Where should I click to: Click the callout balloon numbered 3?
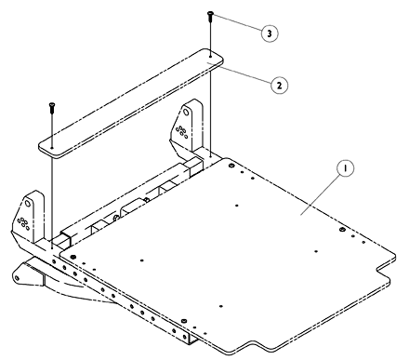[x=270, y=33]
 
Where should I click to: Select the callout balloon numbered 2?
[x=279, y=86]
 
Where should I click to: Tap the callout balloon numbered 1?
[x=345, y=168]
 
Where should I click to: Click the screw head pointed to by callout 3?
[x=210, y=13]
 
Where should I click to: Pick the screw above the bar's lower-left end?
[x=51, y=108]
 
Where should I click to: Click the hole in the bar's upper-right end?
[x=210, y=57]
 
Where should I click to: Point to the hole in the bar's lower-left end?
[x=52, y=148]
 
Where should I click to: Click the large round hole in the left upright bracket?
[x=28, y=204]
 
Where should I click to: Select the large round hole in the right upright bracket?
[x=185, y=112]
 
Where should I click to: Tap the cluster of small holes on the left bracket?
[x=23, y=223]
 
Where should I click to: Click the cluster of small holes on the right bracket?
[x=181, y=131]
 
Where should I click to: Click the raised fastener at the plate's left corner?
[x=73, y=257]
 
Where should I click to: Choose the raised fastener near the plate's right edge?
[x=342, y=230]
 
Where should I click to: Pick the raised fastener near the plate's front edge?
[x=184, y=320]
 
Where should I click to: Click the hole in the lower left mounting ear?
[x=17, y=277]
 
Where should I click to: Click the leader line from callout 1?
[x=321, y=194]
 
